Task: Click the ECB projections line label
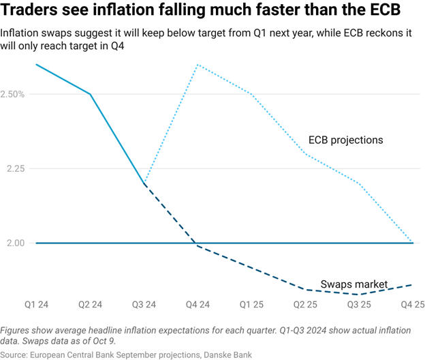pos(345,140)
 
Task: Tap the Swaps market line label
pos(353,284)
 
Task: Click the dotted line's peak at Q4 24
pos(196,65)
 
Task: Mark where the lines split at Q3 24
pos(143,184)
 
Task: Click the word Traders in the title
pos(35,12)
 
